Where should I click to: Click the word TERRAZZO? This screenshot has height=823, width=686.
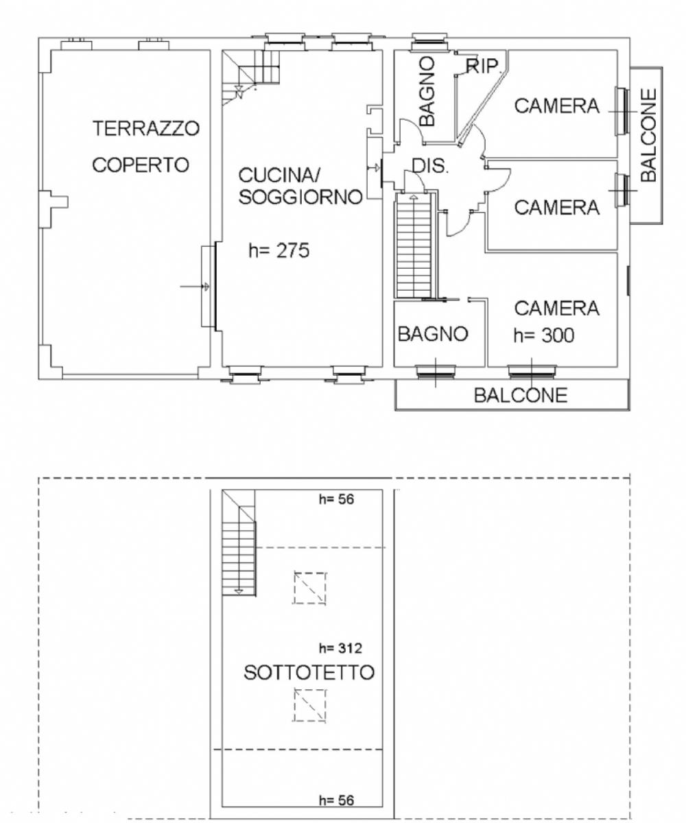coord(146,128)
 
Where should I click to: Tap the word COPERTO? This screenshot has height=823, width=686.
coord(141,165)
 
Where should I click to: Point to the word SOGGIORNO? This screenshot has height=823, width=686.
coord(300,197)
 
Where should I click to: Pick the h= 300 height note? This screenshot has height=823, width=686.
coord(544,335)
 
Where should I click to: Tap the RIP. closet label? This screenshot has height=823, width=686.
coord(484,67)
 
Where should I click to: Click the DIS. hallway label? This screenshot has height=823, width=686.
coord(430,166)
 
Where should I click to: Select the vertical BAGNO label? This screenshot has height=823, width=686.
coord(427,91)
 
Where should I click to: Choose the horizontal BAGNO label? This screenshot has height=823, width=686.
coord(433,334)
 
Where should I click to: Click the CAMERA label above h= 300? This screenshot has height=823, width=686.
coord(556,308)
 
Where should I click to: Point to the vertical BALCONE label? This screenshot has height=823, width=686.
coord(648,135)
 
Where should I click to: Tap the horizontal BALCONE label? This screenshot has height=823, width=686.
coord(521,395)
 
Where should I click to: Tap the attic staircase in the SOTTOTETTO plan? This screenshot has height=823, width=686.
coord(239,542)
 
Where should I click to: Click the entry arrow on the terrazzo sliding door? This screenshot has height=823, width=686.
coord(194,287)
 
